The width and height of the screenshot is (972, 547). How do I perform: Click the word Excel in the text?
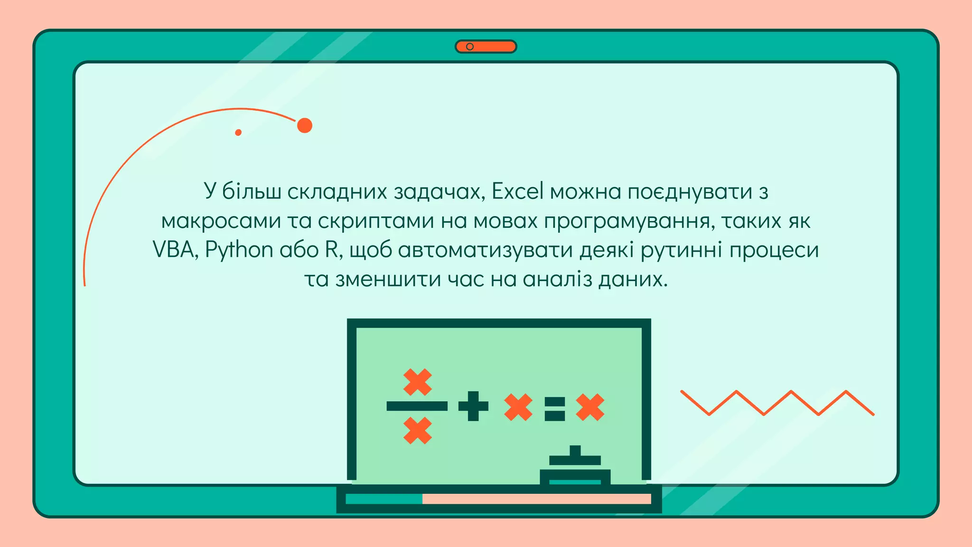[x=517, y=191]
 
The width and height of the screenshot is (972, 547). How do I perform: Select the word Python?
[x=239, y=250]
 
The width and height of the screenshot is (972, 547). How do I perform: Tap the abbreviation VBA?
[x=173, y=250]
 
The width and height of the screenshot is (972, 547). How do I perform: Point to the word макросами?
[x=221, y=221]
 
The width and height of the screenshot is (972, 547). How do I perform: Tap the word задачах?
[x=439, y=191]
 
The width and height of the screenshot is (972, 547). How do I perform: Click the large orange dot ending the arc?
[x=305, y=125]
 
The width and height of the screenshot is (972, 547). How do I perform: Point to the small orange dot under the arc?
[x=238, y=132]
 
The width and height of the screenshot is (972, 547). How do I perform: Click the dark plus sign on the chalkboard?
[x=473, y=406]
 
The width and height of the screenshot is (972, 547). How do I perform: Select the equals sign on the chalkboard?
[x=555, y=408]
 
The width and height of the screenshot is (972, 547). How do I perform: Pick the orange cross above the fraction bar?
[x=417, y=382]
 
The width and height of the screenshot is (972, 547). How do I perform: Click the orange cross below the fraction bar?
[x=417, y=430]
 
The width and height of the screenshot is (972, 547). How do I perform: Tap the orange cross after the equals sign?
[x=590, y=407]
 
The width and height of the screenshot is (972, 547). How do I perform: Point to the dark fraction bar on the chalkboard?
[x=417, y=406]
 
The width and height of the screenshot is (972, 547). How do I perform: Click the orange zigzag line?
[x=777, y=403]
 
